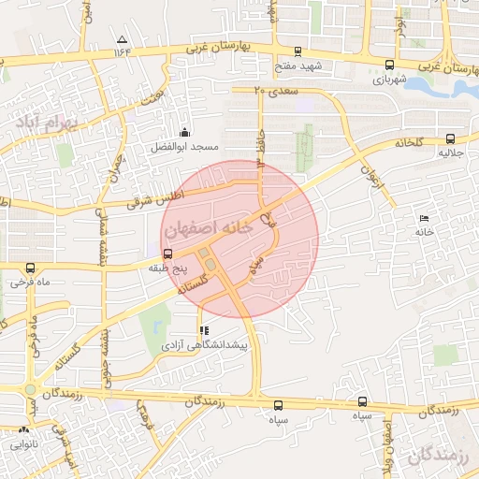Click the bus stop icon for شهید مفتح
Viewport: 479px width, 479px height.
tap(298, 51)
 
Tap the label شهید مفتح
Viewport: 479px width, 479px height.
tap(298, 66)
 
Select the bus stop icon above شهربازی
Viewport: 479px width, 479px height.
tap(388, 65)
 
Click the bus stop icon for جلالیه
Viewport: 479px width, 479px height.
tap(452, 138)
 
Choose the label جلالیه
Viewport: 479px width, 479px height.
tap(452, 152)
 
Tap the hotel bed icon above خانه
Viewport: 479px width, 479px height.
tap(425, 216)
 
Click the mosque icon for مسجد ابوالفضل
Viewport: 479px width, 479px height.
tap(184, 132)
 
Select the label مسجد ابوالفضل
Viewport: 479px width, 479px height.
tap(185, 147)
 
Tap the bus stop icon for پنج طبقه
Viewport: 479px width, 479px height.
tap(167, 254)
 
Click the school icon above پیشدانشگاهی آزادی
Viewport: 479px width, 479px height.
tap(204, 330)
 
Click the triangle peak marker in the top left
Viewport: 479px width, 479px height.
tap(122, 39)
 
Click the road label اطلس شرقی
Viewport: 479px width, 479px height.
tap(166, 195)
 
